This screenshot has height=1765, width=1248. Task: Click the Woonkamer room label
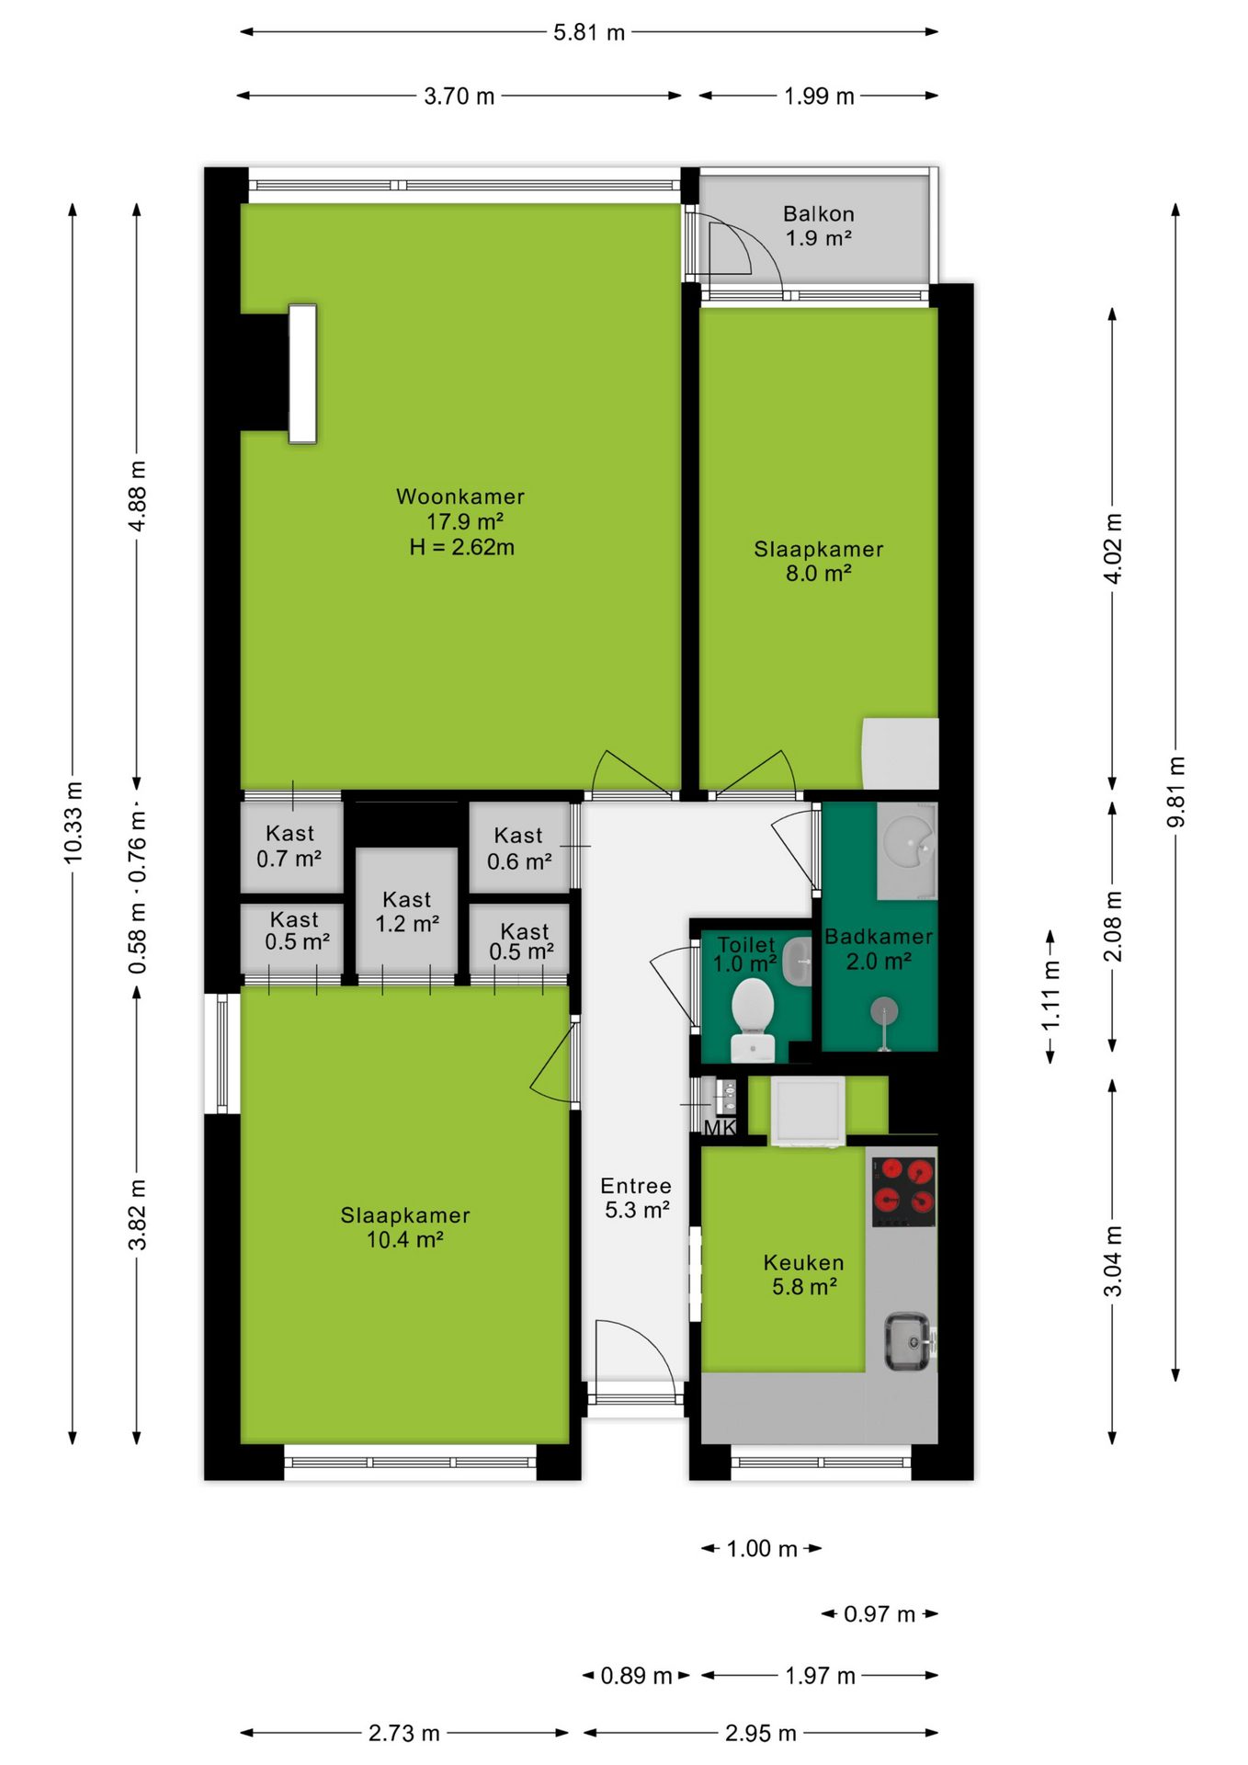coord(460,496)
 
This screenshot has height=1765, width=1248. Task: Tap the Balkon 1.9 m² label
coord(819,226)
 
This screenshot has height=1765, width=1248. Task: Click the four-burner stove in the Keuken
coord(904,1191)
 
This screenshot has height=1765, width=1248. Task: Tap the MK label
coord(720,1127)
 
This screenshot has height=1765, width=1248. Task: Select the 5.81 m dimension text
coord(589,33)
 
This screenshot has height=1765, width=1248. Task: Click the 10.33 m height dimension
coord(74,823)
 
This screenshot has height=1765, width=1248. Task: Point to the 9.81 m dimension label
coord(1176,791)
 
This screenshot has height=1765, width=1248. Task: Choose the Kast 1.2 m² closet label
coord(407,912)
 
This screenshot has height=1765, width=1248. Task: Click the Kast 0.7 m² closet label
coord(289,847)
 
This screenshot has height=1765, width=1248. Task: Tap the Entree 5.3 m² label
coord(636,1198)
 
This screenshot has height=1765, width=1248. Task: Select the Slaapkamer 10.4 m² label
coord(405,1227)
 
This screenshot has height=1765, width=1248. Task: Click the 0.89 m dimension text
coord(636,1676)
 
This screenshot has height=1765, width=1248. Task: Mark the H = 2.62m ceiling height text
coord(462,547)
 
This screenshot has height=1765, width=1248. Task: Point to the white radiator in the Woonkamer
coord(302,374)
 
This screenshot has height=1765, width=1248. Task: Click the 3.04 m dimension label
coord(1113,1261)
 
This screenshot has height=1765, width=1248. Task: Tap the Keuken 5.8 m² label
coord(804,1274)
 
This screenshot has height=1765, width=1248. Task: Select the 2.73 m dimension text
coord(404,1733)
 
